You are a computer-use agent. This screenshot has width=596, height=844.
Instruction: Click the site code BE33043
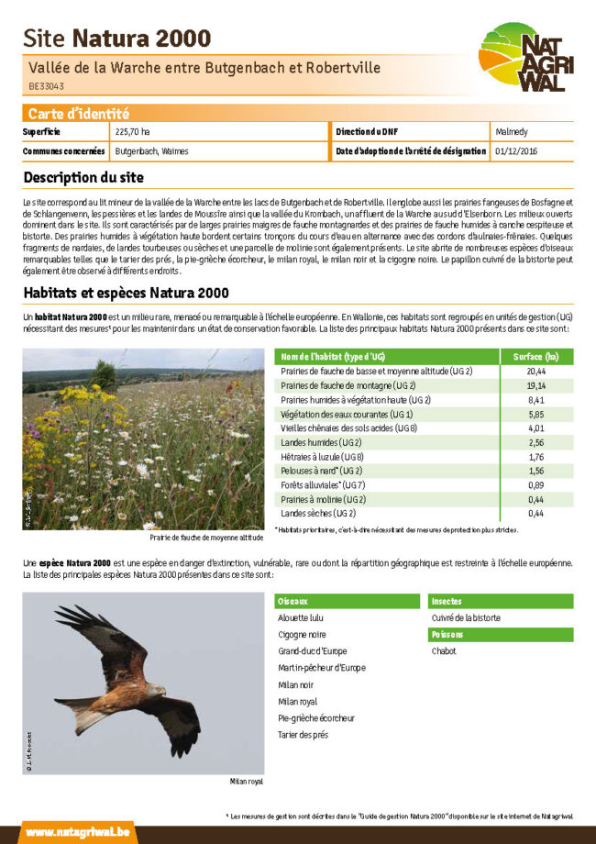[x=46, y=87]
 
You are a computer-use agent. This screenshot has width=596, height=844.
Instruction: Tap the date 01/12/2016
[x=516, y=150]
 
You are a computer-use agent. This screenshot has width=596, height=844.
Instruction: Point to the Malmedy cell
[x=511, y=133]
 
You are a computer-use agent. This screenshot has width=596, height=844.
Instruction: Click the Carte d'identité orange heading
[x=78, y=114]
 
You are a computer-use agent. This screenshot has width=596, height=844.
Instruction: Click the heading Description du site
[x=83, y=176]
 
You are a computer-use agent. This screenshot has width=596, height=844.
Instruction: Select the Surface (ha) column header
[x=535, y=356]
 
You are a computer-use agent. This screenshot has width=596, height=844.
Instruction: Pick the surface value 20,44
[x=535, y=372]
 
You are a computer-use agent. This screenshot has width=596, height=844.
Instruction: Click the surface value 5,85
[x=535, y=415]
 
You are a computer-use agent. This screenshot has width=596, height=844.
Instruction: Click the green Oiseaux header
[x=293, y=601]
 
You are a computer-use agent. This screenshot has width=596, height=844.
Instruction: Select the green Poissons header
[x=447, y=635]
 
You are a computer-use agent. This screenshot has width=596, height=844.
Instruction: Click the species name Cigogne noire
[x=302, y=635]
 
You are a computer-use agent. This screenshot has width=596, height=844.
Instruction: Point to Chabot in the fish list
[x=444, y=651]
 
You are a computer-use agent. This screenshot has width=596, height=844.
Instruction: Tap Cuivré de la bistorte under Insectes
[x=466, y=618]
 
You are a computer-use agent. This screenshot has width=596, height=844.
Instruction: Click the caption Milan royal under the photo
[x=246, y=782]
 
